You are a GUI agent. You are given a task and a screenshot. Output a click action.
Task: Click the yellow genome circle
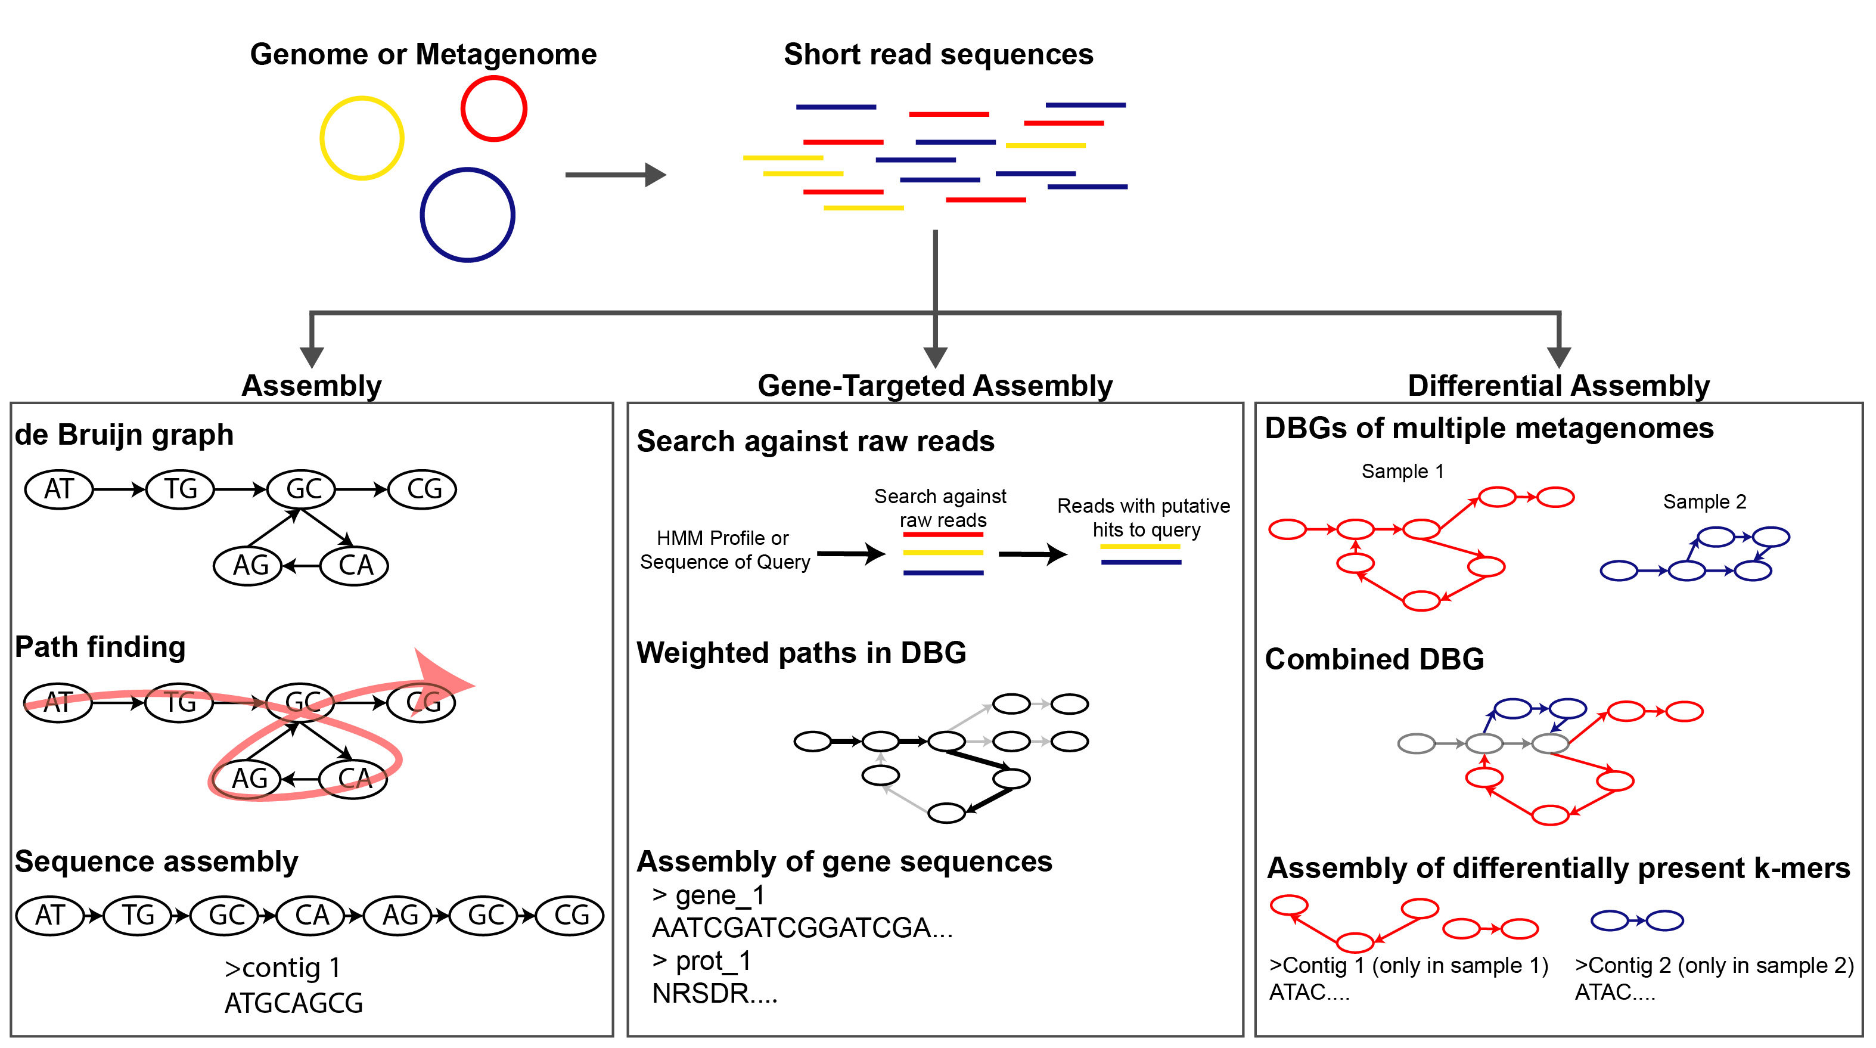coord(362,138)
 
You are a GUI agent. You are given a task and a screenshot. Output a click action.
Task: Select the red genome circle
coord(494,109)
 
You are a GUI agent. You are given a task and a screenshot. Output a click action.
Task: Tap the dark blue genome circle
coord(468,215)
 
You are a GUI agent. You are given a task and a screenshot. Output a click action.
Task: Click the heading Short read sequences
coord(938,55)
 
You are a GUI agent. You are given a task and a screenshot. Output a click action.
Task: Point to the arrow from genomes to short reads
coord(616,175)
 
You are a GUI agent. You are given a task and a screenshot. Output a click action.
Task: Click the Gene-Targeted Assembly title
coord(935,385)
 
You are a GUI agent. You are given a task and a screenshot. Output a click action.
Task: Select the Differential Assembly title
coord(1558,385)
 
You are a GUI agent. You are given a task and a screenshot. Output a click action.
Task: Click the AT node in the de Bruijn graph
coord(59,489)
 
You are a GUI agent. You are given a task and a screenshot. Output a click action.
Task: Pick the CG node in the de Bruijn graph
coord(423,489)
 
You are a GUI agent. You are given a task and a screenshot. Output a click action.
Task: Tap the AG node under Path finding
coord(249,779)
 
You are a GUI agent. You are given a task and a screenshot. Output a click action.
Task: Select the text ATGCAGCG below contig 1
coord(293,1003)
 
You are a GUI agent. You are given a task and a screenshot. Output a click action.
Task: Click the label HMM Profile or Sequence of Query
coord(724,550)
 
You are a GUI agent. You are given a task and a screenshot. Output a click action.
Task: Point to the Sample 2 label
coord(1704,502)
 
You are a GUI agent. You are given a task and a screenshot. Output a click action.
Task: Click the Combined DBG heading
coord(1374,659)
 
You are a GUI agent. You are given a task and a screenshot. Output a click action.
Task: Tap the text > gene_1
coord(709,895)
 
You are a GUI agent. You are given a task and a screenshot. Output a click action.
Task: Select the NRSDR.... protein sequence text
coord(715,993)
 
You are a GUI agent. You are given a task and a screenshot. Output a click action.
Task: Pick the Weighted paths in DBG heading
coord(801,653)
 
